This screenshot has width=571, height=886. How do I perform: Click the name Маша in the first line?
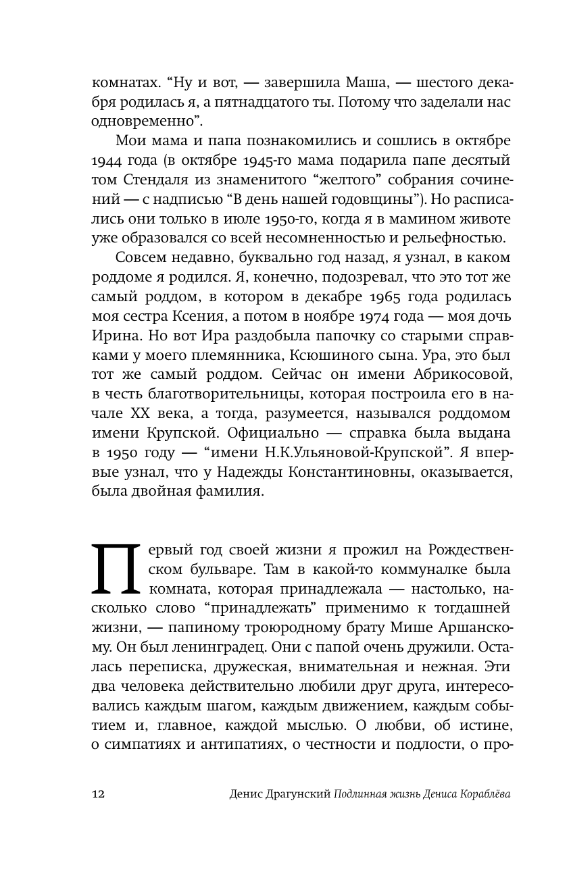(343, 84)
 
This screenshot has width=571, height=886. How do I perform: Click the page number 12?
(99, 794)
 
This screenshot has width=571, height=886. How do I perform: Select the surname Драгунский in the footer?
(297, 794)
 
